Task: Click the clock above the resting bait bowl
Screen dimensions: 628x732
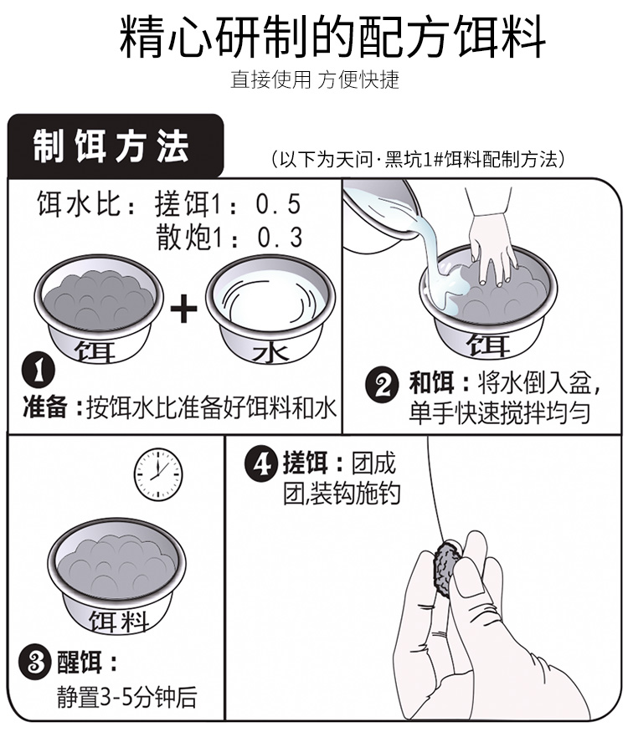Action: [x=158, y=475]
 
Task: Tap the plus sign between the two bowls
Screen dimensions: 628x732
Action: [x=183, y=308]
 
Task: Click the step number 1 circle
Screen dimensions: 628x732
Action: [x=39, y=371]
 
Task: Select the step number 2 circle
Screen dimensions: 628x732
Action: [x=382, y=384]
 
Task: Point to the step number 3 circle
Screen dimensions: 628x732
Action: [x=34, y=663]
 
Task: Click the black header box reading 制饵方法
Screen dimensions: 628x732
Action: [x=116, y=146]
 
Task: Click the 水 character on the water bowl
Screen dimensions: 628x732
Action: [x=271, y=353]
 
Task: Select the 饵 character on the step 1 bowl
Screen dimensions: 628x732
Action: [x=95, y=351]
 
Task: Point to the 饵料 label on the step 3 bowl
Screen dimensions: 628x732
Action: [x=119, y=622]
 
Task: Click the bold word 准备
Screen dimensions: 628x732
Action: [x=45, y=407]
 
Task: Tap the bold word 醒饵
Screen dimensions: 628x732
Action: [x=80, y=663]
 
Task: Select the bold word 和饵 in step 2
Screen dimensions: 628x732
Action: [x=432, y=383]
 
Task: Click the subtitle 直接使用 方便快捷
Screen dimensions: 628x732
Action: [x=315, y=79]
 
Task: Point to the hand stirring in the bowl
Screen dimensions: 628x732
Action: [x=490, y=237]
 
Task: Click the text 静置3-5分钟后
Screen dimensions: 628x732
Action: [x=126, y=697]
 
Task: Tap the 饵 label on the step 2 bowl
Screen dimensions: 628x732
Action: [x=487, y=345]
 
